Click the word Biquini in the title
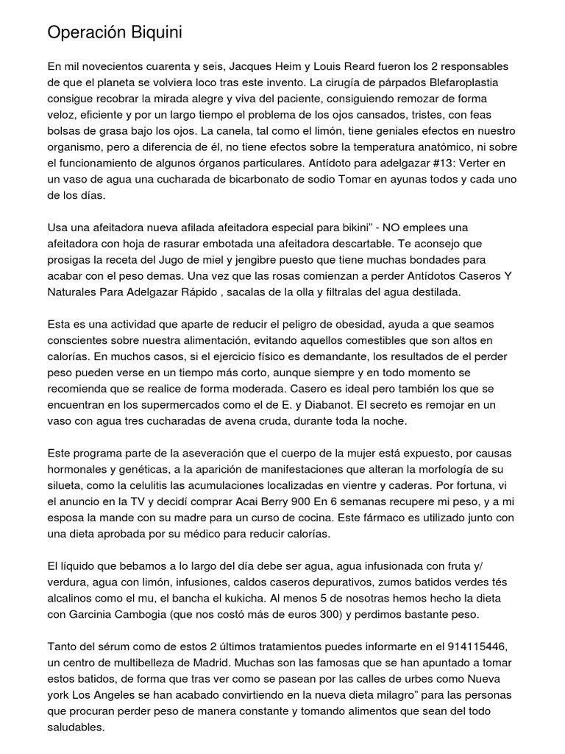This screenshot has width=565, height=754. click(152, 33)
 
